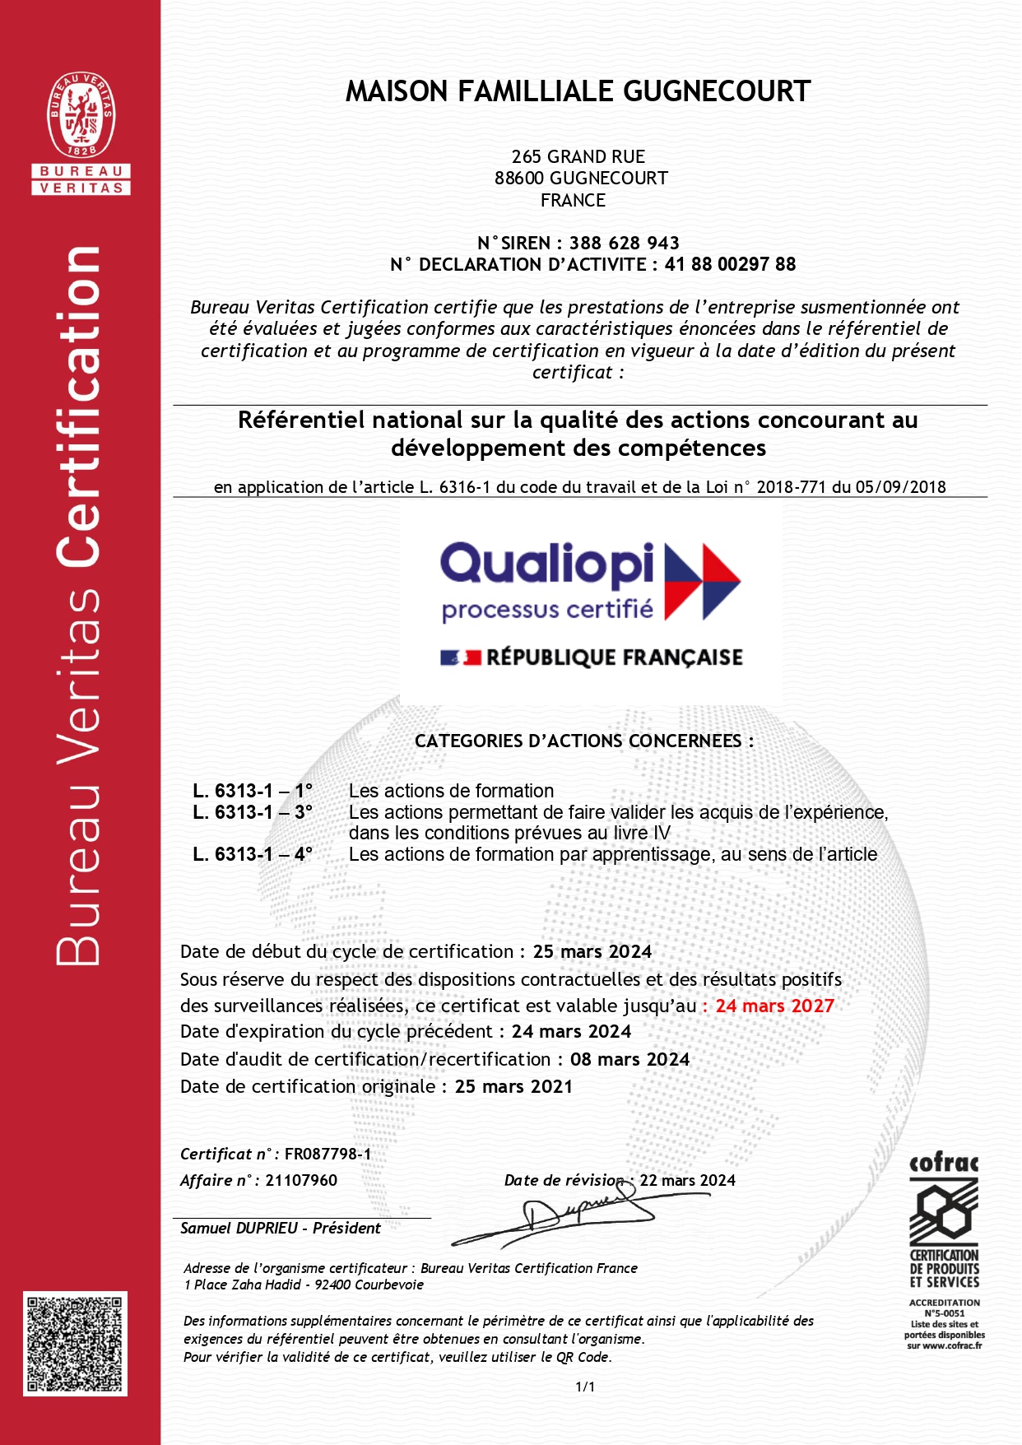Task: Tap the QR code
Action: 75,1343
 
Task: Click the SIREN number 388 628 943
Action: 624,243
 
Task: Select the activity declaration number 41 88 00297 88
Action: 730,264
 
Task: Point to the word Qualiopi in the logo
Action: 547,565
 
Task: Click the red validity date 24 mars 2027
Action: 774,1006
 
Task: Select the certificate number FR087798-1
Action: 328,1154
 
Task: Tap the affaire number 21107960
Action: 301,1180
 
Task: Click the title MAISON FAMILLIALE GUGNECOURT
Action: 578,91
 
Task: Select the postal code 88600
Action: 519,178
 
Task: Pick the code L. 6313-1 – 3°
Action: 253,812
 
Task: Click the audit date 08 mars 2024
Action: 629,1059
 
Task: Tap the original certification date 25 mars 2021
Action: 513,1086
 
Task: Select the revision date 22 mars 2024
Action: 688,1180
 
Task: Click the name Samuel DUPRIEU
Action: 239,1228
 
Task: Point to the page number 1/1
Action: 585,1387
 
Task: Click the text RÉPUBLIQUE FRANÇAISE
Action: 614,657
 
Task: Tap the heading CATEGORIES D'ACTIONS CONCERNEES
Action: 583,741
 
